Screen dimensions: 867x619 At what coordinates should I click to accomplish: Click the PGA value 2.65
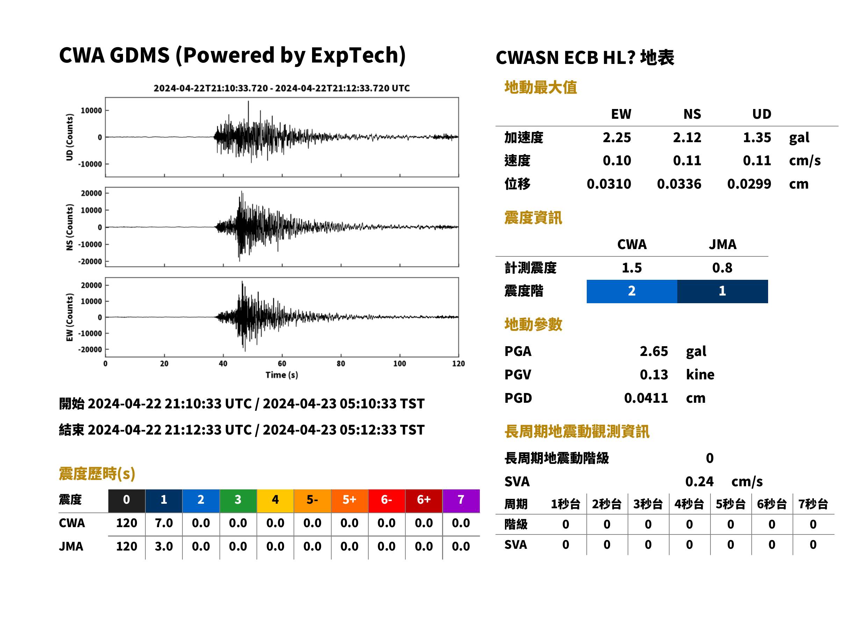click(653, 351)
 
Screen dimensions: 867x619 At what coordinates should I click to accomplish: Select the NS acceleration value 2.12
click(687, 137)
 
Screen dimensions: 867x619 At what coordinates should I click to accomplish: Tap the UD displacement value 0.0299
click(749, 184)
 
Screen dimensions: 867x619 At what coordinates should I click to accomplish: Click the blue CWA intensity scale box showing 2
click(632, 291)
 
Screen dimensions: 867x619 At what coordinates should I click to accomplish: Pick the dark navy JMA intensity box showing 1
click(723, 291)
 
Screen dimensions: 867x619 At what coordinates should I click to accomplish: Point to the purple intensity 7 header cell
click(461, 501)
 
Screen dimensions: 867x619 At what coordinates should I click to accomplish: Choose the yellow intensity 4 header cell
click(275, 501)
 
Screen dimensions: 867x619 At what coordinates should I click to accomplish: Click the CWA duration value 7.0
click(164, 523)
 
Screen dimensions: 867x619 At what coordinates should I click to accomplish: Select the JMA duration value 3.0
click(164, 546)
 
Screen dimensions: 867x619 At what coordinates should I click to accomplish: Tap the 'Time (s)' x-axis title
click(282, 375)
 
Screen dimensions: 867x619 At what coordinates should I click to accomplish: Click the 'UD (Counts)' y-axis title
click(70, 137)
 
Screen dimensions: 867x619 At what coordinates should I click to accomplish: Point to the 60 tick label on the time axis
click(282, 363)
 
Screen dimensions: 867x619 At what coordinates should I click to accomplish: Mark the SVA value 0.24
click(699, 481)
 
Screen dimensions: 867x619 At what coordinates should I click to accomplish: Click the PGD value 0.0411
click(646, 398)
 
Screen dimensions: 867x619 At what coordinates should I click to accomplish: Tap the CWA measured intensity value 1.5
click(632, 268)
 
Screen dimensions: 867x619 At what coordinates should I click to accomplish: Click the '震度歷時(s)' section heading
click(97, 474)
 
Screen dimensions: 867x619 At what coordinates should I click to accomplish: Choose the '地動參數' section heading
click(533, 325)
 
